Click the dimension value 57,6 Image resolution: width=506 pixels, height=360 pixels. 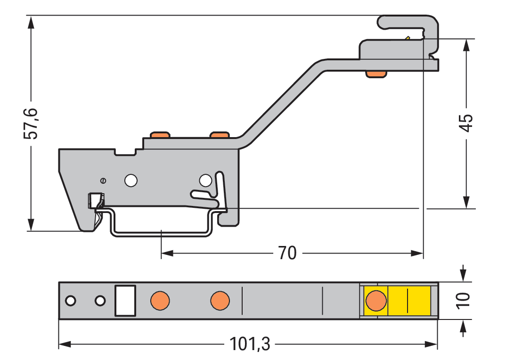[31, 123]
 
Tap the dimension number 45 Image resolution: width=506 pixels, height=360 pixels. [466, 123]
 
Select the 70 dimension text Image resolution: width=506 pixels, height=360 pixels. [287, 254]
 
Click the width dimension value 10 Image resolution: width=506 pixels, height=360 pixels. [464, 300]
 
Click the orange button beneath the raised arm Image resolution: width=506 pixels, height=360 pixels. [376, 74]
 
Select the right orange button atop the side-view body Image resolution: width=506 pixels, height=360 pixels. [220, 135]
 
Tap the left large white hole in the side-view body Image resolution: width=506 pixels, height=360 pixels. [131, 180]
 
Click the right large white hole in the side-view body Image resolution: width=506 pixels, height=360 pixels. [205, 180]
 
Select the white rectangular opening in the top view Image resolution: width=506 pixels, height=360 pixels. [125, 301]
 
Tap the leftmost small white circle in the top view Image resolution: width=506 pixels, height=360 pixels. [71, 301]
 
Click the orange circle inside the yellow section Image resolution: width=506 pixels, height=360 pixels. [375, 301]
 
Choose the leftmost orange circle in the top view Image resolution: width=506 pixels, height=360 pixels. [160, 301]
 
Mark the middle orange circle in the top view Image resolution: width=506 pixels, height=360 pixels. [220, 301]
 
